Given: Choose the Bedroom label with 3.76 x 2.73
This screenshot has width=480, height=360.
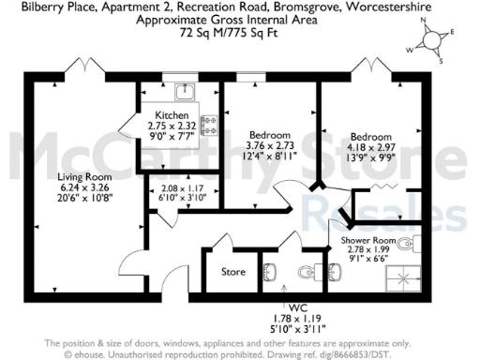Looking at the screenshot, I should [269, 135].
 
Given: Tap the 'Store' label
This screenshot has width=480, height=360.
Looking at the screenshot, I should [233, 273].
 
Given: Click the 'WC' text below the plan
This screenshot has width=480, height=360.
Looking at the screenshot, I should [298, 307].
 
